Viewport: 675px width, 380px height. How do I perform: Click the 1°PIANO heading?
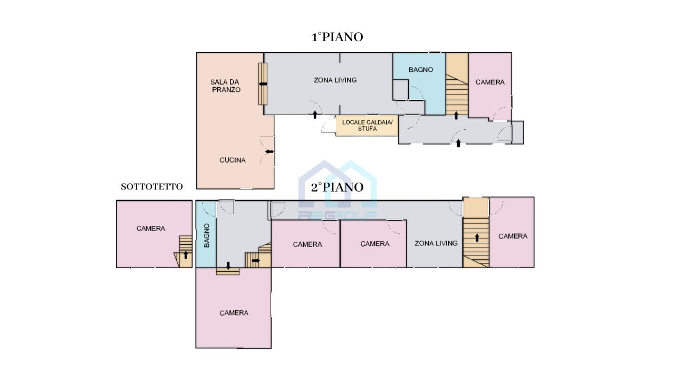coord(337,37)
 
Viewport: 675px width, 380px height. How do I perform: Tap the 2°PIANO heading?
coord(337,187)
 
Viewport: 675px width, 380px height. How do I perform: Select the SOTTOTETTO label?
coord(152,186)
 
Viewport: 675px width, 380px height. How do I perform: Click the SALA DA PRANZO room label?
coord(226,85)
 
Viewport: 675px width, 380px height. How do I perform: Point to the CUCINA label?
coord(233,160)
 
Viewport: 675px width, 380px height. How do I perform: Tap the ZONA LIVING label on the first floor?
coord(335,80)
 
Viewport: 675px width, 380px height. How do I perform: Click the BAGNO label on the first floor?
coord(421,70)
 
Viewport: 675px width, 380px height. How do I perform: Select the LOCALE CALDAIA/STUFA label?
coord(367,125)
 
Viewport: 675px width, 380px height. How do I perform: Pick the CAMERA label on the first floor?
coord(490,82)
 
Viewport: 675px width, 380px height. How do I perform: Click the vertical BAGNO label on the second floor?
coord(207,236)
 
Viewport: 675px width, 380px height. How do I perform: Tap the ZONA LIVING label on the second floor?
coord(436,243)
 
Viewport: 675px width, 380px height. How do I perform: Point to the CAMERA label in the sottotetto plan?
coord(151,229)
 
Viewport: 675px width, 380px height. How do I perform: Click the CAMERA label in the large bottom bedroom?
coord(234,313)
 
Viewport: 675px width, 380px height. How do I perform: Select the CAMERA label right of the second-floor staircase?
coord(513,236)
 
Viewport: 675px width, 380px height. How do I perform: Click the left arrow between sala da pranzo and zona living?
coord(263,84)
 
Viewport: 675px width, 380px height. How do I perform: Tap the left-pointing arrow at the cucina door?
coord(269,152)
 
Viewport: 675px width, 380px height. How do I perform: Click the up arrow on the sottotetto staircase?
coord(186,255)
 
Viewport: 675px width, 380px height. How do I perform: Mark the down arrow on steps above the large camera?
coord(228,265)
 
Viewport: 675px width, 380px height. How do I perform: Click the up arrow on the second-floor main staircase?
coord(477,237)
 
